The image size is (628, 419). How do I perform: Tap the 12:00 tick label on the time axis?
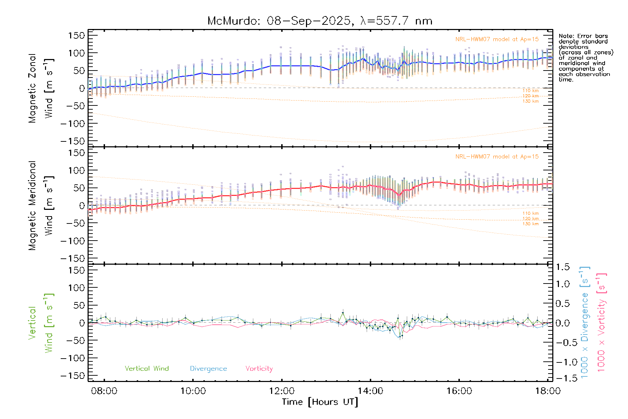282,391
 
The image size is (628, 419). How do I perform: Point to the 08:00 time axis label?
104,391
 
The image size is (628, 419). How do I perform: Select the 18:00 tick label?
548,391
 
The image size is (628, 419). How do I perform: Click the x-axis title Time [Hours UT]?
320,402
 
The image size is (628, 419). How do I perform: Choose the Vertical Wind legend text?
147,368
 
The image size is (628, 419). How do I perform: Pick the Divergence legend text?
208,368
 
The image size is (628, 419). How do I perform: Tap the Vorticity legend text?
259,368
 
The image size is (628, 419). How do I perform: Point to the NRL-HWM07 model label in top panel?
497,39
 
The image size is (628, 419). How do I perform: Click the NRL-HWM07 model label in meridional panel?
497,157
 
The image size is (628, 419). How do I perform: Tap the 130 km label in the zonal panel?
530,101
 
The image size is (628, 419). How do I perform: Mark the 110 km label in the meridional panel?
530,213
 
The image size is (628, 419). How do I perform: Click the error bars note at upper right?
585,58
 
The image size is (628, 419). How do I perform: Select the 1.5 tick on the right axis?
562,267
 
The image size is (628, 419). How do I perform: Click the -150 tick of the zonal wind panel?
73,141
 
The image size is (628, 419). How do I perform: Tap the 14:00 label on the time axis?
370,391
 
